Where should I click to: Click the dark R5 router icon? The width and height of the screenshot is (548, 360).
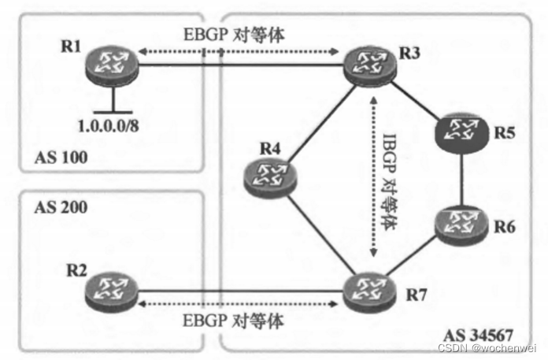pyautogui.click(x=460, y=133)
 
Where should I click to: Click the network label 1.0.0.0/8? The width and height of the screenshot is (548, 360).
pyautogui.click(x=113, y=124)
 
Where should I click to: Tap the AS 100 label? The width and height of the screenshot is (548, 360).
pyautogui.click(x=60, y=158)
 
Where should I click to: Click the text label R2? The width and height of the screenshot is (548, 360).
pyautogui.click(x=77, y=267)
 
